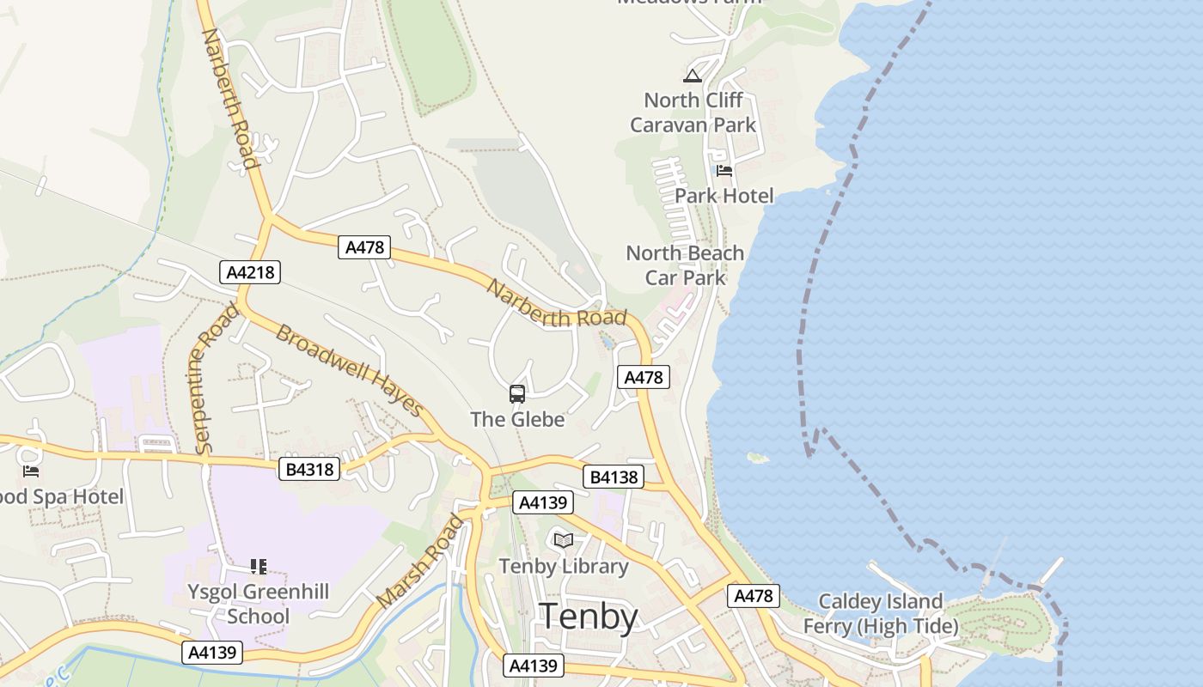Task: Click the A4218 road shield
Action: (250, 273)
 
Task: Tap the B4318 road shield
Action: (309, 469)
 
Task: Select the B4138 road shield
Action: (613, 477)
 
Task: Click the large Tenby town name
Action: (589, 617)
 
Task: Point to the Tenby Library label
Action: (564, 567)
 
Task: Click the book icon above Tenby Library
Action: (564, 540)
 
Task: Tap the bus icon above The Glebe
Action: (517, 394)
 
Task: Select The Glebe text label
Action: (517, 419)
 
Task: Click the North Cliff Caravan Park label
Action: (693, 112)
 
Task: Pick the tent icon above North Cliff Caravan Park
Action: (693, 76)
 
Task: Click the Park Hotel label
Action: (724, 196)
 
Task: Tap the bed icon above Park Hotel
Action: (724, 171)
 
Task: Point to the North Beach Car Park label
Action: (685, 265)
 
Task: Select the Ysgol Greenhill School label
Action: (259, 604)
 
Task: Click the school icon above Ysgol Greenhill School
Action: (259, 566)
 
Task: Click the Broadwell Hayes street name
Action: (349, 370)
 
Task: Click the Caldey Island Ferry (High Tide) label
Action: (880, 614)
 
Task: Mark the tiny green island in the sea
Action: (758, 458)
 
